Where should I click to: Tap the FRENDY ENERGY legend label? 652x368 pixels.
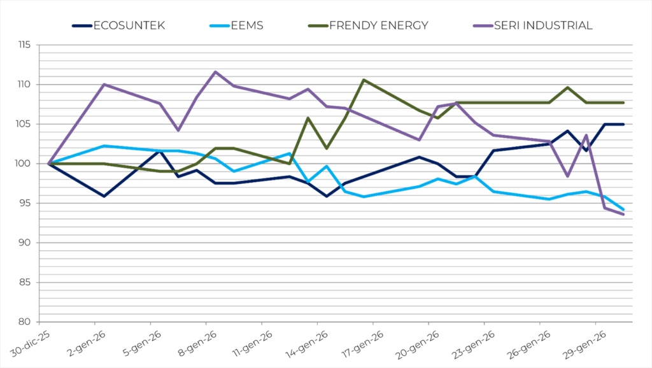click(x=378, y=25)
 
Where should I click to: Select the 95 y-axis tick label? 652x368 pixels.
click(x=25, y=203)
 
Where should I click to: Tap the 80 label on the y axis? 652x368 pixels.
click(x=25, y=322)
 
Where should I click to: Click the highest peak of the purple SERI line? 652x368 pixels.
click(x=215, y=72)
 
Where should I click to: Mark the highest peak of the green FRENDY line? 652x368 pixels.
click(x=364, y=80)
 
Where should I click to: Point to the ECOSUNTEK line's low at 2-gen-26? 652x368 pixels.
click(x=104, y=196)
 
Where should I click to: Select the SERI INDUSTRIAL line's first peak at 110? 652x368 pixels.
click(x=104, y=84)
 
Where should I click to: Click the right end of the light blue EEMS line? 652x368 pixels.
click(x=623, y=209)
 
